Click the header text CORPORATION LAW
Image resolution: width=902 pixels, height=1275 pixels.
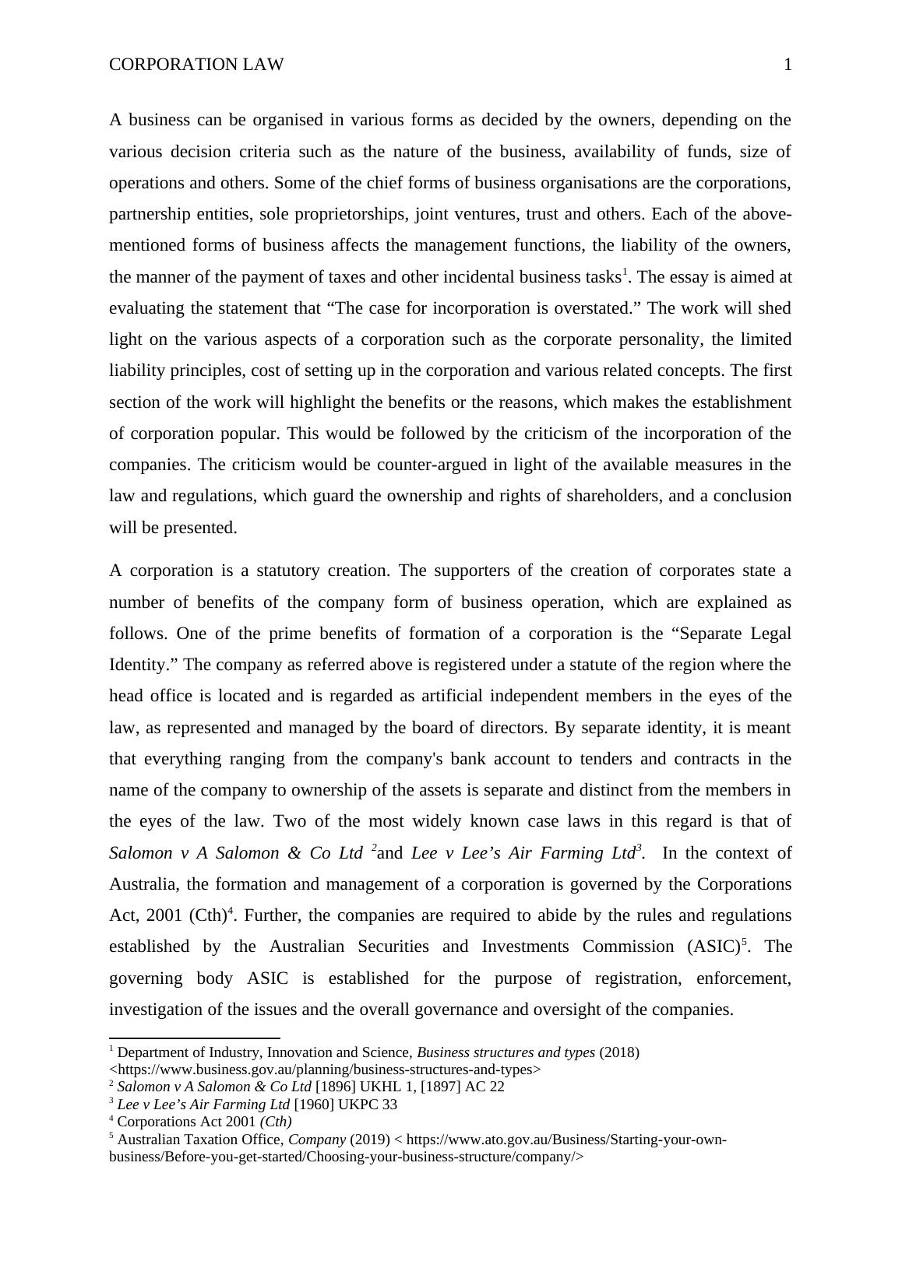(x=196, y=65)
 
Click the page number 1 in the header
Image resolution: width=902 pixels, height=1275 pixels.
(x=787, y=65)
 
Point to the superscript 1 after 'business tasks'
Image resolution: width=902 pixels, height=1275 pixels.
(x=623, y=272)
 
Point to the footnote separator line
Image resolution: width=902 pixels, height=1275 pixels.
(x=195, y=1038)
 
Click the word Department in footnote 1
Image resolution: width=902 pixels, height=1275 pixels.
(x=153, y=1052)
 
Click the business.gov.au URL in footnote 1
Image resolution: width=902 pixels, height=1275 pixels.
(x=325, y=1070)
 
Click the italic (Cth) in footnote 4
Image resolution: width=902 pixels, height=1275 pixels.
(x=276, y=1122)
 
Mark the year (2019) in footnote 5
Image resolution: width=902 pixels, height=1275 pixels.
(x=371, y=1140)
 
